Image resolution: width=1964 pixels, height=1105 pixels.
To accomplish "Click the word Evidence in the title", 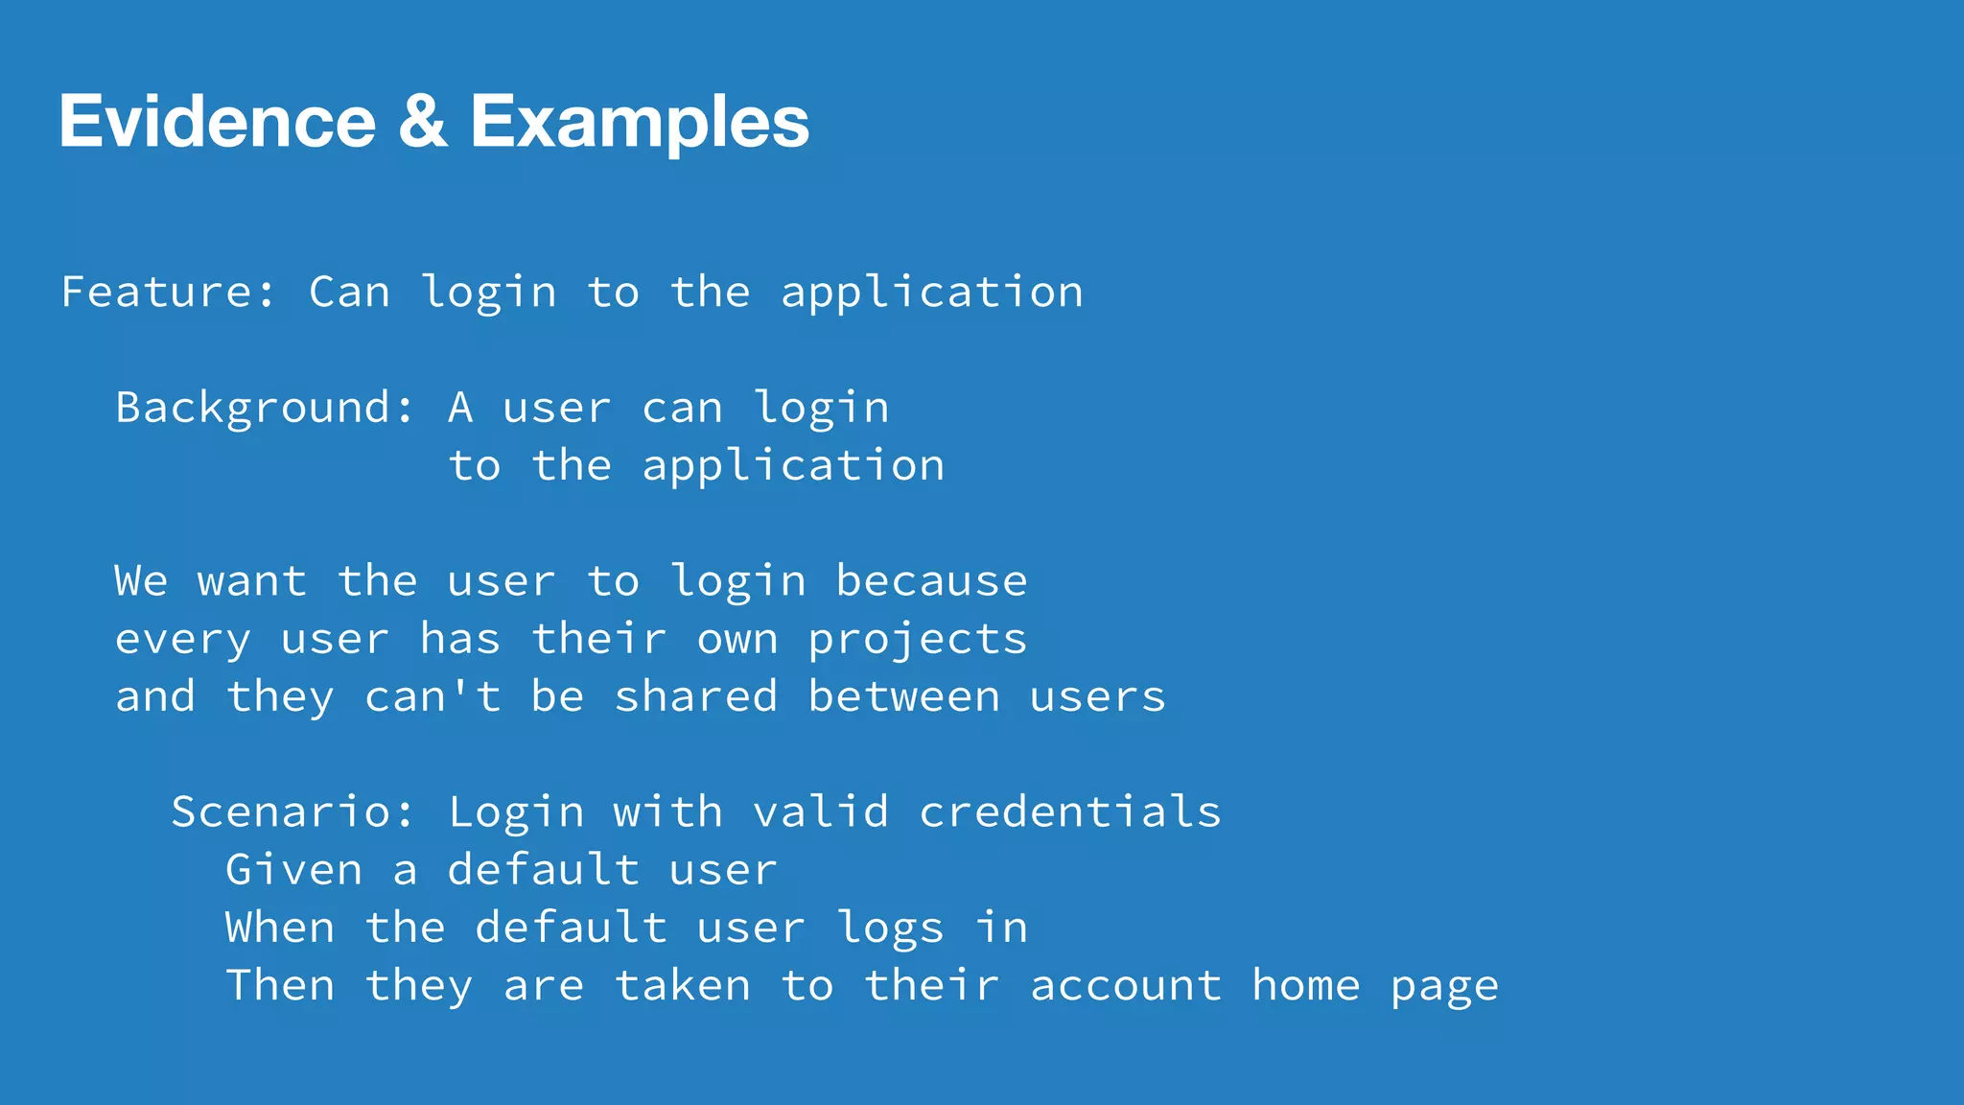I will pyautogui.click(x=218, y=122).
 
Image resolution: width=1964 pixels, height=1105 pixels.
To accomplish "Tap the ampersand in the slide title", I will pyautogui.click(x=422, y=122).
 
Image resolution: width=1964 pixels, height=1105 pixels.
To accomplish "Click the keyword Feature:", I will pyautogui.click(x=169, y=292).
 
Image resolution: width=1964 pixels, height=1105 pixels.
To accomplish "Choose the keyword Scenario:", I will pyautogui.click(x=292, y=812).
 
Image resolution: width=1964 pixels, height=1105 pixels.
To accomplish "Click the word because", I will pyautogui.click(x=931, y=581).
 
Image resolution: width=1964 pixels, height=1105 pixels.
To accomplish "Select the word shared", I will pyautogui.click(x=695, y=696).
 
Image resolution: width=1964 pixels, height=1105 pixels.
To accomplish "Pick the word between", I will pyautogui.click(x=903, y=696).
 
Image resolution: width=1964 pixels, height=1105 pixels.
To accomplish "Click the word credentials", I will pyautogui.click(x=1070, y=812).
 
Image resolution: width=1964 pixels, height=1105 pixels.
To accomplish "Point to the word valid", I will pyautogui.click(x=821, y=812).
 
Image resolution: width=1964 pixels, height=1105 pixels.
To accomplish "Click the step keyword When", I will pyautogui.click(x=280, y=928).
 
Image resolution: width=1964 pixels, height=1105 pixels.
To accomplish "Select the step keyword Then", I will pyautogui.click(x=280, y=985).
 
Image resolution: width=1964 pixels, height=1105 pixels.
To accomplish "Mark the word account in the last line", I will pyautogui.click(x=1126, y=986).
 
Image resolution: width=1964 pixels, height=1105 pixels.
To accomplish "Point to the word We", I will pyautogui.click(x=141, y=581).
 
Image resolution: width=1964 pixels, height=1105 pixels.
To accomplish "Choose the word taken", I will pyautogui.click(x=682, y=985).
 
